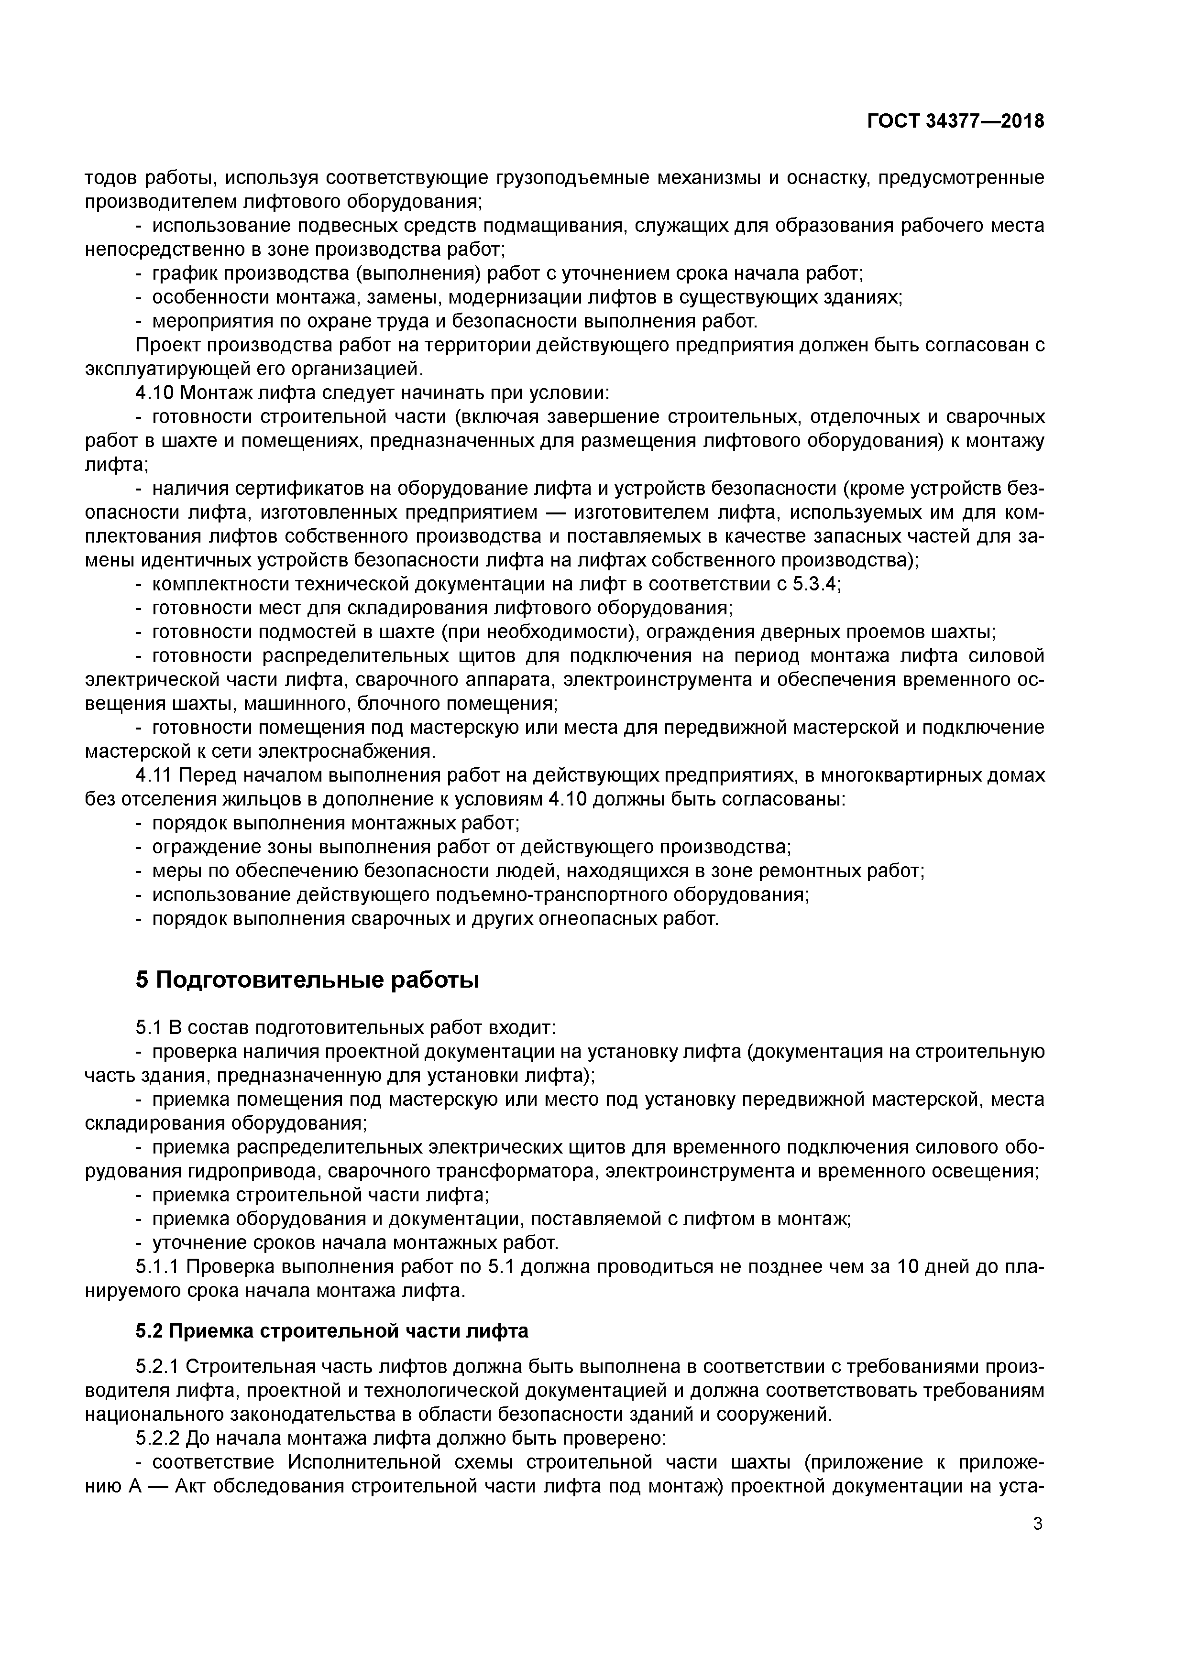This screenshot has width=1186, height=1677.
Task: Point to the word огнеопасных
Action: click(x=593, y=918)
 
